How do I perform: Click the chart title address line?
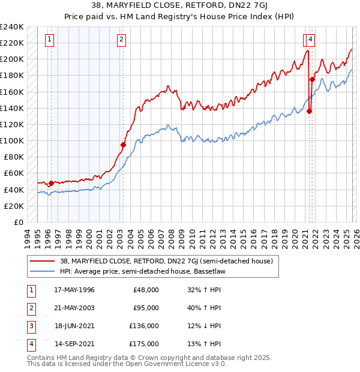[x=180, y=6]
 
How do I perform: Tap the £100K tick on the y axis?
[x=12, y=141]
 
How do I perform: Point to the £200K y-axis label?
[x=12, y=59]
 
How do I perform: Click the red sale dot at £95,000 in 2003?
[x=123, y=145]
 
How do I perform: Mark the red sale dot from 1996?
[x=51, y=183]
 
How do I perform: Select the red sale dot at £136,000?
[x=310, y=111]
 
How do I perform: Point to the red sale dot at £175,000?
[x=312, y=79]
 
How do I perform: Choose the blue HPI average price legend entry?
[x=144, y=271]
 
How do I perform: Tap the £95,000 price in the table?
[x=146, y=308]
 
